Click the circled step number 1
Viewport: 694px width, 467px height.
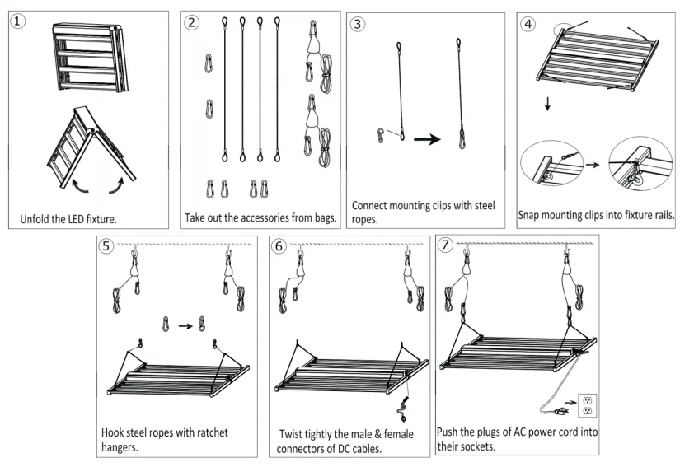tap(17, 21)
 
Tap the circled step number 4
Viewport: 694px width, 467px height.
tap(528, 23)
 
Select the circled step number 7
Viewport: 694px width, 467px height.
tap(445, 244)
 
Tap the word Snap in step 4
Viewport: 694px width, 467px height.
tap(529, 215)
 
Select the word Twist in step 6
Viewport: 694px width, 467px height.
tap(291, 434)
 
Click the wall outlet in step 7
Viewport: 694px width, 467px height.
tap(588, 405)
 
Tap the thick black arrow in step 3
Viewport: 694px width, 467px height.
tap(427, 139)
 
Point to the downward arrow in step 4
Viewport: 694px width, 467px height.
tap(547, 104)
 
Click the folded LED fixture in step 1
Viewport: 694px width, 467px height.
tap(91, 58)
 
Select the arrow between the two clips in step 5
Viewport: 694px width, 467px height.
tap(185, 326)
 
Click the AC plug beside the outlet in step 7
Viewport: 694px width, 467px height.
tap(559, 411)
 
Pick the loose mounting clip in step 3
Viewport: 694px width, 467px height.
tap(380, 135)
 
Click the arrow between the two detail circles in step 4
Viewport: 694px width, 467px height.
tap(593, 165)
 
